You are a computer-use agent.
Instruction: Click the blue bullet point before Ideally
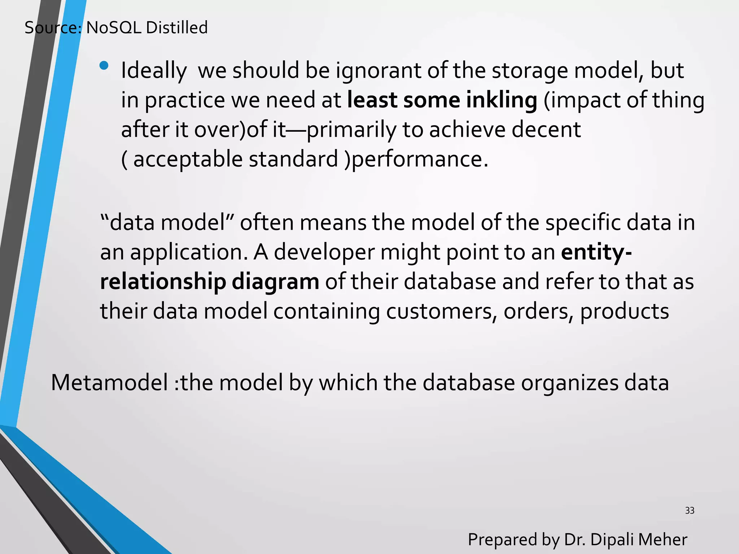tap(104, 65)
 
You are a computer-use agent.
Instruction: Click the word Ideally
tap(154, 71)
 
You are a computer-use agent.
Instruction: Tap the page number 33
tap(690, 511)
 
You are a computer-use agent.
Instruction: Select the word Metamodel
tap(110, 383)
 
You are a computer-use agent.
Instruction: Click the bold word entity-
tap(596, 252)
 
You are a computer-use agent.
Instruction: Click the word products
tap(624, 311)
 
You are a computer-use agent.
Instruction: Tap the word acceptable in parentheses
tap(188, 159)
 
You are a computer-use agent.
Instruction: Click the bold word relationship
tap(163, 282)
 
